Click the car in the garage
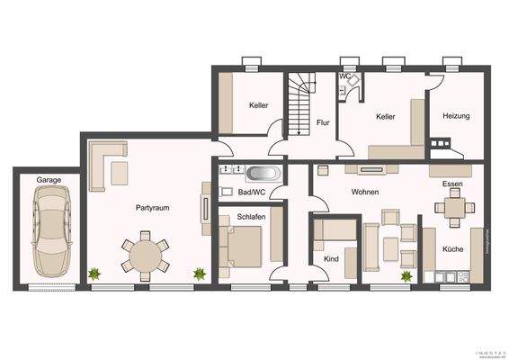[49, 235]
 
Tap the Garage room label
[49, 180]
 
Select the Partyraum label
[152, 208]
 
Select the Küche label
[452, 248]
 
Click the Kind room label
[330, 258]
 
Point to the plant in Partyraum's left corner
[94, 273]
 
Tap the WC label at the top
[344, 76]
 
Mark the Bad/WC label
[250, 192]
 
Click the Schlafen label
[251, 217]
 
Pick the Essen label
[451, 184]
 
